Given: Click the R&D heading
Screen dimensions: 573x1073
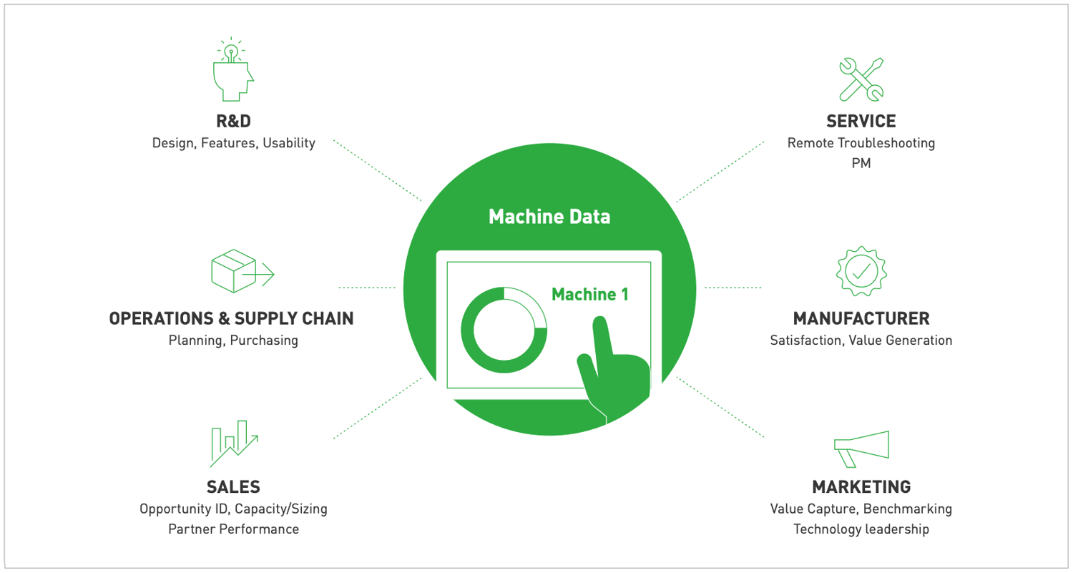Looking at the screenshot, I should tap(233, 121).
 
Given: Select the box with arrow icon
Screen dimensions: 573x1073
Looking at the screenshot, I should tap(242, 272).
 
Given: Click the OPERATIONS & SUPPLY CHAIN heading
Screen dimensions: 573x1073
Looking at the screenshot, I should tap(231, 318).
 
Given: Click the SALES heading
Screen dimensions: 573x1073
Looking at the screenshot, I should tap(233, 487).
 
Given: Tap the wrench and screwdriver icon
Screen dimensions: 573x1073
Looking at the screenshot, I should tap(861, 79).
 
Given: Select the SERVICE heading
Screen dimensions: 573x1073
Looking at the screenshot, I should tap(861, 121).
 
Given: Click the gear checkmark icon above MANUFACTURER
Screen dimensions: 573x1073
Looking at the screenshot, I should tap(861, 271).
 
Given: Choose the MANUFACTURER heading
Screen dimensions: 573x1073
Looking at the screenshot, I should tap(861, 318).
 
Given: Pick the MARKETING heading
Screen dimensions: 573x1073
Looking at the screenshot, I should tap(861, 487).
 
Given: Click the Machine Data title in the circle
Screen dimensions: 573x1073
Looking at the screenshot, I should tap(549, 217).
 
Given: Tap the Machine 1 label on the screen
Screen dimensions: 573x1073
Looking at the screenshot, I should tap(589, 294).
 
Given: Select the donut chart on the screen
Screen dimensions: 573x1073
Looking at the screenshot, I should tap(504, 329).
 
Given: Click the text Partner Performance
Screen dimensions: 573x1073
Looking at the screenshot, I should tap(233, 529).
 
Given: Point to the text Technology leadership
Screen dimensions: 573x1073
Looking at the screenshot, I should tap(861, 529).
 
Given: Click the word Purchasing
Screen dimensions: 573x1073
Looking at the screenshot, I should tap(264, 341).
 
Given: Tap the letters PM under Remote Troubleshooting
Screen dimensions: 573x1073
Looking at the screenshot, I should tap(861, 164).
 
